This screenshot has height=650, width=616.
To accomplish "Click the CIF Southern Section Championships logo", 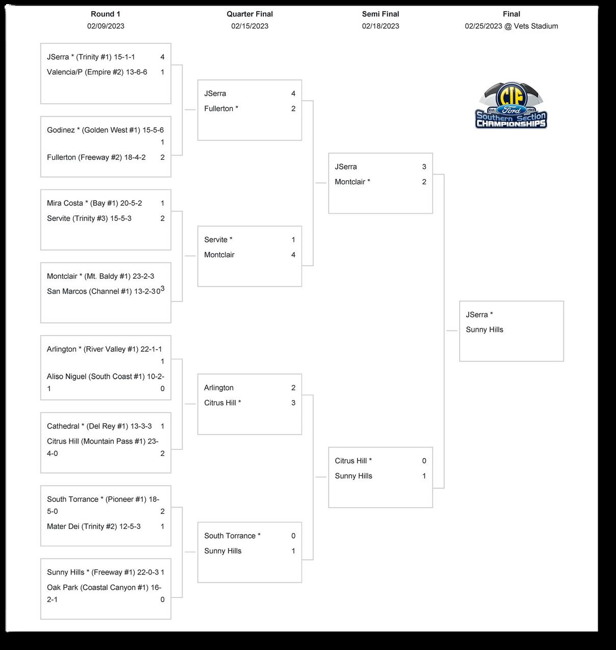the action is click(x=511, y=106).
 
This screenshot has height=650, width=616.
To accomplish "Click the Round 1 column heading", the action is click(x=106, y=14).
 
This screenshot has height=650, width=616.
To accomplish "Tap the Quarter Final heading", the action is click(x=250, y=14).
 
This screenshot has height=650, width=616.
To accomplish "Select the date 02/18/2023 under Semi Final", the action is click(x=380, y=26).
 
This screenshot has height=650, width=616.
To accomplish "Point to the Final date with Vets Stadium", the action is click(x=511, y=26).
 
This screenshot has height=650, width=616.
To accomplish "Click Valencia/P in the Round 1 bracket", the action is click(x=97, y=72).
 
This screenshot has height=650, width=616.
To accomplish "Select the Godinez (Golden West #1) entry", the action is click(x=105, y=130).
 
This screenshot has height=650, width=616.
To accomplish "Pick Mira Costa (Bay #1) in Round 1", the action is click(x=94, y=203).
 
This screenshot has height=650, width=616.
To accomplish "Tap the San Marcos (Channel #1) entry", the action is click(x=101, y=292).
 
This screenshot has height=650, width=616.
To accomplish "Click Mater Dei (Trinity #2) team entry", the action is click(x=93, y=526).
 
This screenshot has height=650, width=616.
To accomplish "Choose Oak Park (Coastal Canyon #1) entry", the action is click(x=97, y=588).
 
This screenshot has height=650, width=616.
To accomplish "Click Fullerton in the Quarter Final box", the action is click(x=221, y=109).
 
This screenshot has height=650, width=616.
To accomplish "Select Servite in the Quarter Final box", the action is click(x=218, y=239).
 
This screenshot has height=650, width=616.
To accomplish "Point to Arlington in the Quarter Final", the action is click(x=218, y=388).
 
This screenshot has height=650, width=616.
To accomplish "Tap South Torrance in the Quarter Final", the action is click(x=232, y=536).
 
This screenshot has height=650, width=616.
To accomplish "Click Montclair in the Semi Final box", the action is click(x=352, y=182).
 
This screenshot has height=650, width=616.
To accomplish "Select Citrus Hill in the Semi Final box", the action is click(x=353, y=461).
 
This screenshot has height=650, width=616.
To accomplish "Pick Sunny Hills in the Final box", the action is click(x=484, y=330).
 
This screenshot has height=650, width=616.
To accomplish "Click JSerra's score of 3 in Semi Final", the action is click(x=424, y=167).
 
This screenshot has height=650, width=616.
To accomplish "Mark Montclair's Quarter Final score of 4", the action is click(x=293, y=255).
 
